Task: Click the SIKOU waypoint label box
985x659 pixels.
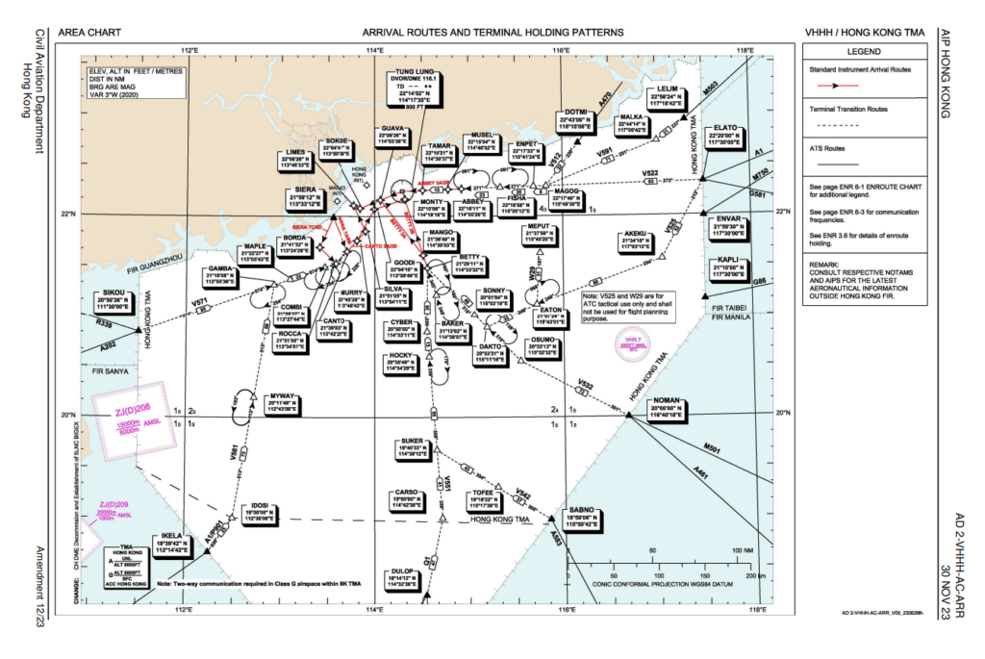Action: coord(114,299)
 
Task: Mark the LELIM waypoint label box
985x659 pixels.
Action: coord(667,96)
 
